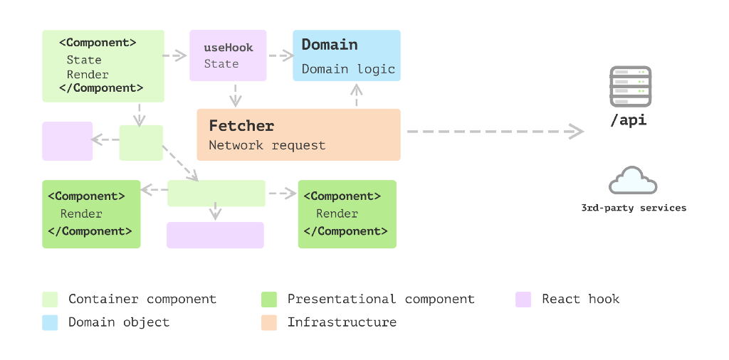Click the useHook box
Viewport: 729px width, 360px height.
click(x=228, y=55)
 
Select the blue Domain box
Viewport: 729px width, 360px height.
click(x=347, y=55)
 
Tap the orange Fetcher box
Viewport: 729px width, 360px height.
click(x=298, y=134)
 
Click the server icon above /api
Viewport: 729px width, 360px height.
click(x=630, y=86)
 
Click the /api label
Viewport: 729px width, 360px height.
click(x=629, y=120)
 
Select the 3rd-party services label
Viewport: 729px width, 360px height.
click(x=633, y=208)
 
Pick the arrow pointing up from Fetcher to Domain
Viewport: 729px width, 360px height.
click(x=356, y=95)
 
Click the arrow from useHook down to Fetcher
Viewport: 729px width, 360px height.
click(x=235, y=95)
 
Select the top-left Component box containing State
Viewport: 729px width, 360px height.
click(x=103, y=65)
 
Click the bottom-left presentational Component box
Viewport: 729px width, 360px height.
click(x=91, y=214)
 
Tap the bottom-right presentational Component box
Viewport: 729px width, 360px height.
click(x=347, y=214)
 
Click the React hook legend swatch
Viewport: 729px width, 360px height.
click(x=523, y=300)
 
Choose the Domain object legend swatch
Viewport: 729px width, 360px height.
click(x=50, y=322)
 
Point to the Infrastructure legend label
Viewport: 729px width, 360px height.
click(x=342, y=322)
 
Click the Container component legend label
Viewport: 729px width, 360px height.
click(x=142, y=300)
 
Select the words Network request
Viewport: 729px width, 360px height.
click(x=267, y=145)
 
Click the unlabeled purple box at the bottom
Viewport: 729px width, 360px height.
click(x=215, y=235)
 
